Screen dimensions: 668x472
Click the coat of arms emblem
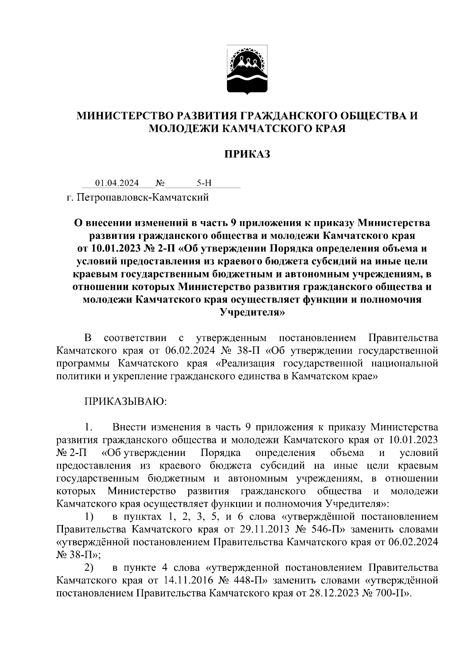click(247, 71)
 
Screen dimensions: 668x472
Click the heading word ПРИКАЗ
click(247, 154)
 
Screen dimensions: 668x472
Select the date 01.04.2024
click(117, 183)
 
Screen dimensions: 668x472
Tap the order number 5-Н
click(204, 183)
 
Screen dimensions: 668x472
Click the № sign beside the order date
click(160, 183)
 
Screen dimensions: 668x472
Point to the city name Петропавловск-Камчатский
click(142, 197)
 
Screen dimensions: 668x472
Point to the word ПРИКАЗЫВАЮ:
click(125, 402)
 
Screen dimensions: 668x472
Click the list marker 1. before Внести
click(88, 427)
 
